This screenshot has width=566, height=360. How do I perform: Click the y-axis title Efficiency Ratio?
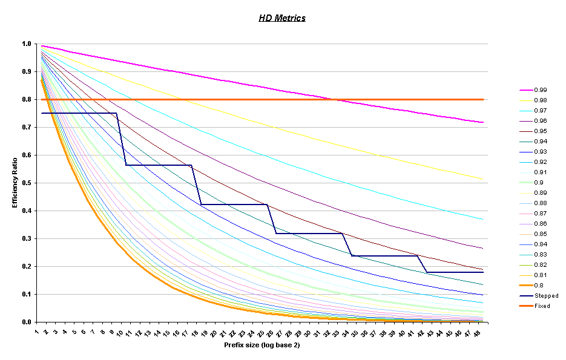tap(15, 182)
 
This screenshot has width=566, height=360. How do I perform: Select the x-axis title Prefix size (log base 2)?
tap(261, 345)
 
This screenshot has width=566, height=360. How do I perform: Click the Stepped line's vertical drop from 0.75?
tap(121, 139)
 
